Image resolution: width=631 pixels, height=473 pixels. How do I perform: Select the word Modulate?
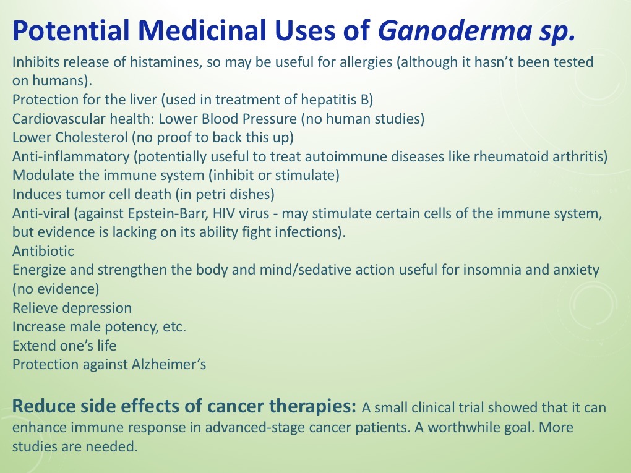(x=40, y=175)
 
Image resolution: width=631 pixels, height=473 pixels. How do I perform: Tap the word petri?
(x=213, y=194)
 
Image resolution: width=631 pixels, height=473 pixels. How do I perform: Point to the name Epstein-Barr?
(x=142, y=213)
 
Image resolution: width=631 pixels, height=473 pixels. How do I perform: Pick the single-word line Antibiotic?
(x=43, y=251)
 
